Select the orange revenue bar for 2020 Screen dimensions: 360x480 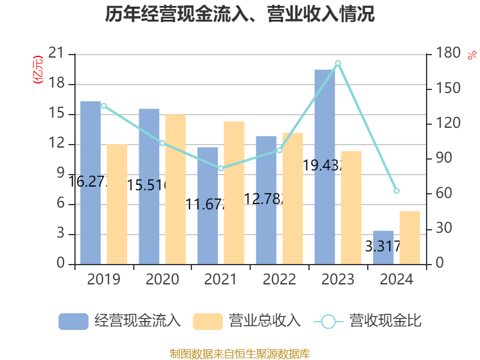click(175, 189)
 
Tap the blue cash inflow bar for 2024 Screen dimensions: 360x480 click(383, 247)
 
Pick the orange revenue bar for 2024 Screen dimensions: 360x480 click(410, 237)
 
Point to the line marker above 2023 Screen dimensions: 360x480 click(338, 63)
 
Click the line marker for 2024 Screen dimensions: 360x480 click(397, 191)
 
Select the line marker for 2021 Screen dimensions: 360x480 click(221, 169)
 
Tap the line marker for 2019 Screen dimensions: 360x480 click(103, 106)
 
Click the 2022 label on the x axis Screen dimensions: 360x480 click(279, 280)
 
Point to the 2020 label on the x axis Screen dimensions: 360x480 click(162, 280)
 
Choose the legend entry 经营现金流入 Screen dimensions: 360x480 click(120, 321)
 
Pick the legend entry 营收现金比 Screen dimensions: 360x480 click(367, 321)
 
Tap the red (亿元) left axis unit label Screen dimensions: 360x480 click(38, 70)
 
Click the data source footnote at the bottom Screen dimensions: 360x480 click(240, 353)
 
